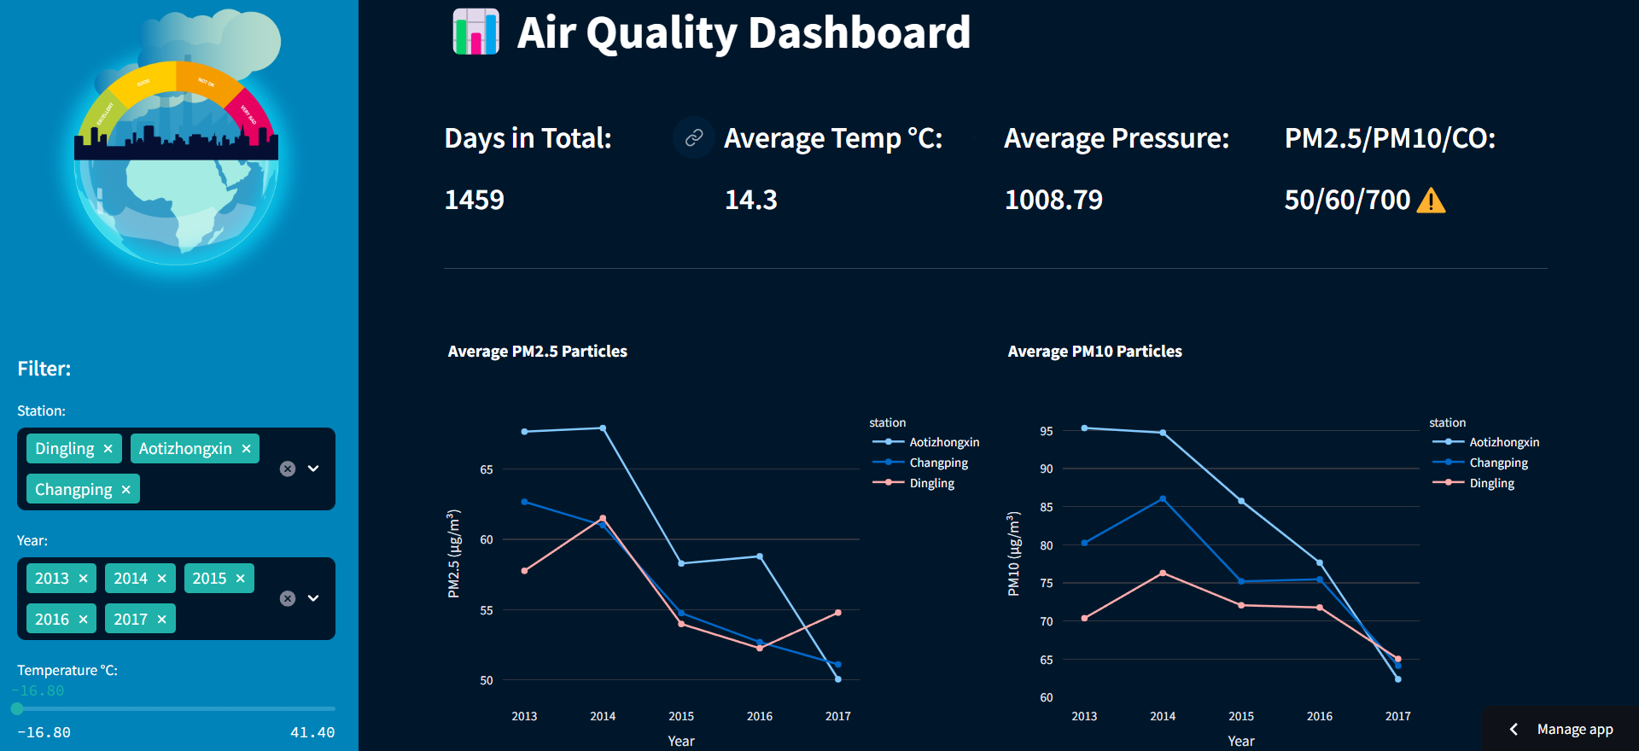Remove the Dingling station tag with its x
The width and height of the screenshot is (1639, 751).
[108, 449]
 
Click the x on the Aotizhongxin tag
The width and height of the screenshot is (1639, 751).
[246, 449]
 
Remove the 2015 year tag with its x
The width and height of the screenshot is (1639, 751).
[240, 579]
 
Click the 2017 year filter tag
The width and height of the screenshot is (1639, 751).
[131, 620]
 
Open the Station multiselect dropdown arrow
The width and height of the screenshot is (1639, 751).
[313, 469]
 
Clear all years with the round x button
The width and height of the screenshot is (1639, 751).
[288, 598]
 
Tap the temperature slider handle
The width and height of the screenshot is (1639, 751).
[17, 708]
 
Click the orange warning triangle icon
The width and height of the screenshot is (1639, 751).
[1431, 201]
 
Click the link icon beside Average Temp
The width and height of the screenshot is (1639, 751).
[694, 137]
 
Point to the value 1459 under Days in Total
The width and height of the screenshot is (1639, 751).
[475, 200]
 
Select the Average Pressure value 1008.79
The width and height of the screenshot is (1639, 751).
[1053, 200]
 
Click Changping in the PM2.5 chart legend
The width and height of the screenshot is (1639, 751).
[938, 463]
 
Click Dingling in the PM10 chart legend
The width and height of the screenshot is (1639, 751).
[1491, 483]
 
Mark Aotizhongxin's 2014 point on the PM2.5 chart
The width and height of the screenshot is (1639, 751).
[603, 428]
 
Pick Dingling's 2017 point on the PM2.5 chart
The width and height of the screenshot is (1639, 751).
[838, 613]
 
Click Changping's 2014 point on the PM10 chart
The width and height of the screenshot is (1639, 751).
[1163, 499]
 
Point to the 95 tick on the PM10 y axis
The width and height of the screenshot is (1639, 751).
[1047, 431]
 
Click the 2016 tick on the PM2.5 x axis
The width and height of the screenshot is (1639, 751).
[760, 716]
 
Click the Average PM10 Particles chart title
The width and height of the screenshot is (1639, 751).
[1094, 352]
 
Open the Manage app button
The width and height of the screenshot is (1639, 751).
[1562, 729]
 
